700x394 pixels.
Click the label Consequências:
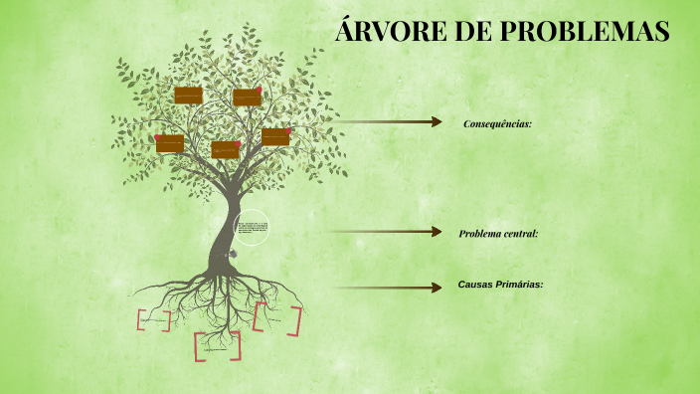coord(497,123)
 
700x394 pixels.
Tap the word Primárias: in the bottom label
coord(520,285)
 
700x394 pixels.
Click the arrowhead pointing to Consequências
coord(436,122)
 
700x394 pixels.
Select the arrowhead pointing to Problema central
coord(436,232)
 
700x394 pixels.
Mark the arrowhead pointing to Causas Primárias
coord(436,288)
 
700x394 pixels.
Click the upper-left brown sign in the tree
coord(188,96)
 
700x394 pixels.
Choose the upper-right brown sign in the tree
coord(247,98)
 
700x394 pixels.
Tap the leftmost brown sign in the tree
coord(170,144)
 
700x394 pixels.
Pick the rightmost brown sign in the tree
coord(275,137)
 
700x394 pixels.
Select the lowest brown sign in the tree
coord(225,149)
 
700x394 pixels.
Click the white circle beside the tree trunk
coord(251,228)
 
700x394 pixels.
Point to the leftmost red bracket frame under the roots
coord(154,320)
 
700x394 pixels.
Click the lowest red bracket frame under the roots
coord(218,346)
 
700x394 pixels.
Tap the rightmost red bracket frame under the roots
coord(277,318)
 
